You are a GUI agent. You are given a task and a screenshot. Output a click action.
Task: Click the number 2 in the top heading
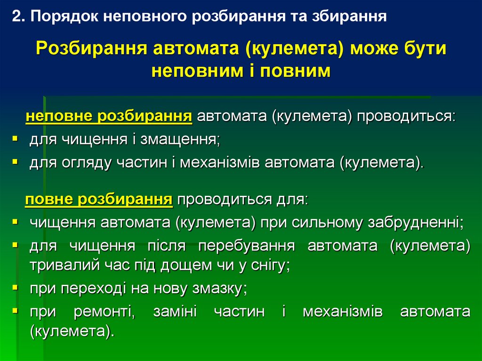tap(17, 16)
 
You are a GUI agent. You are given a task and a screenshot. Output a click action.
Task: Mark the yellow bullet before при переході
tap(15, 287)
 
